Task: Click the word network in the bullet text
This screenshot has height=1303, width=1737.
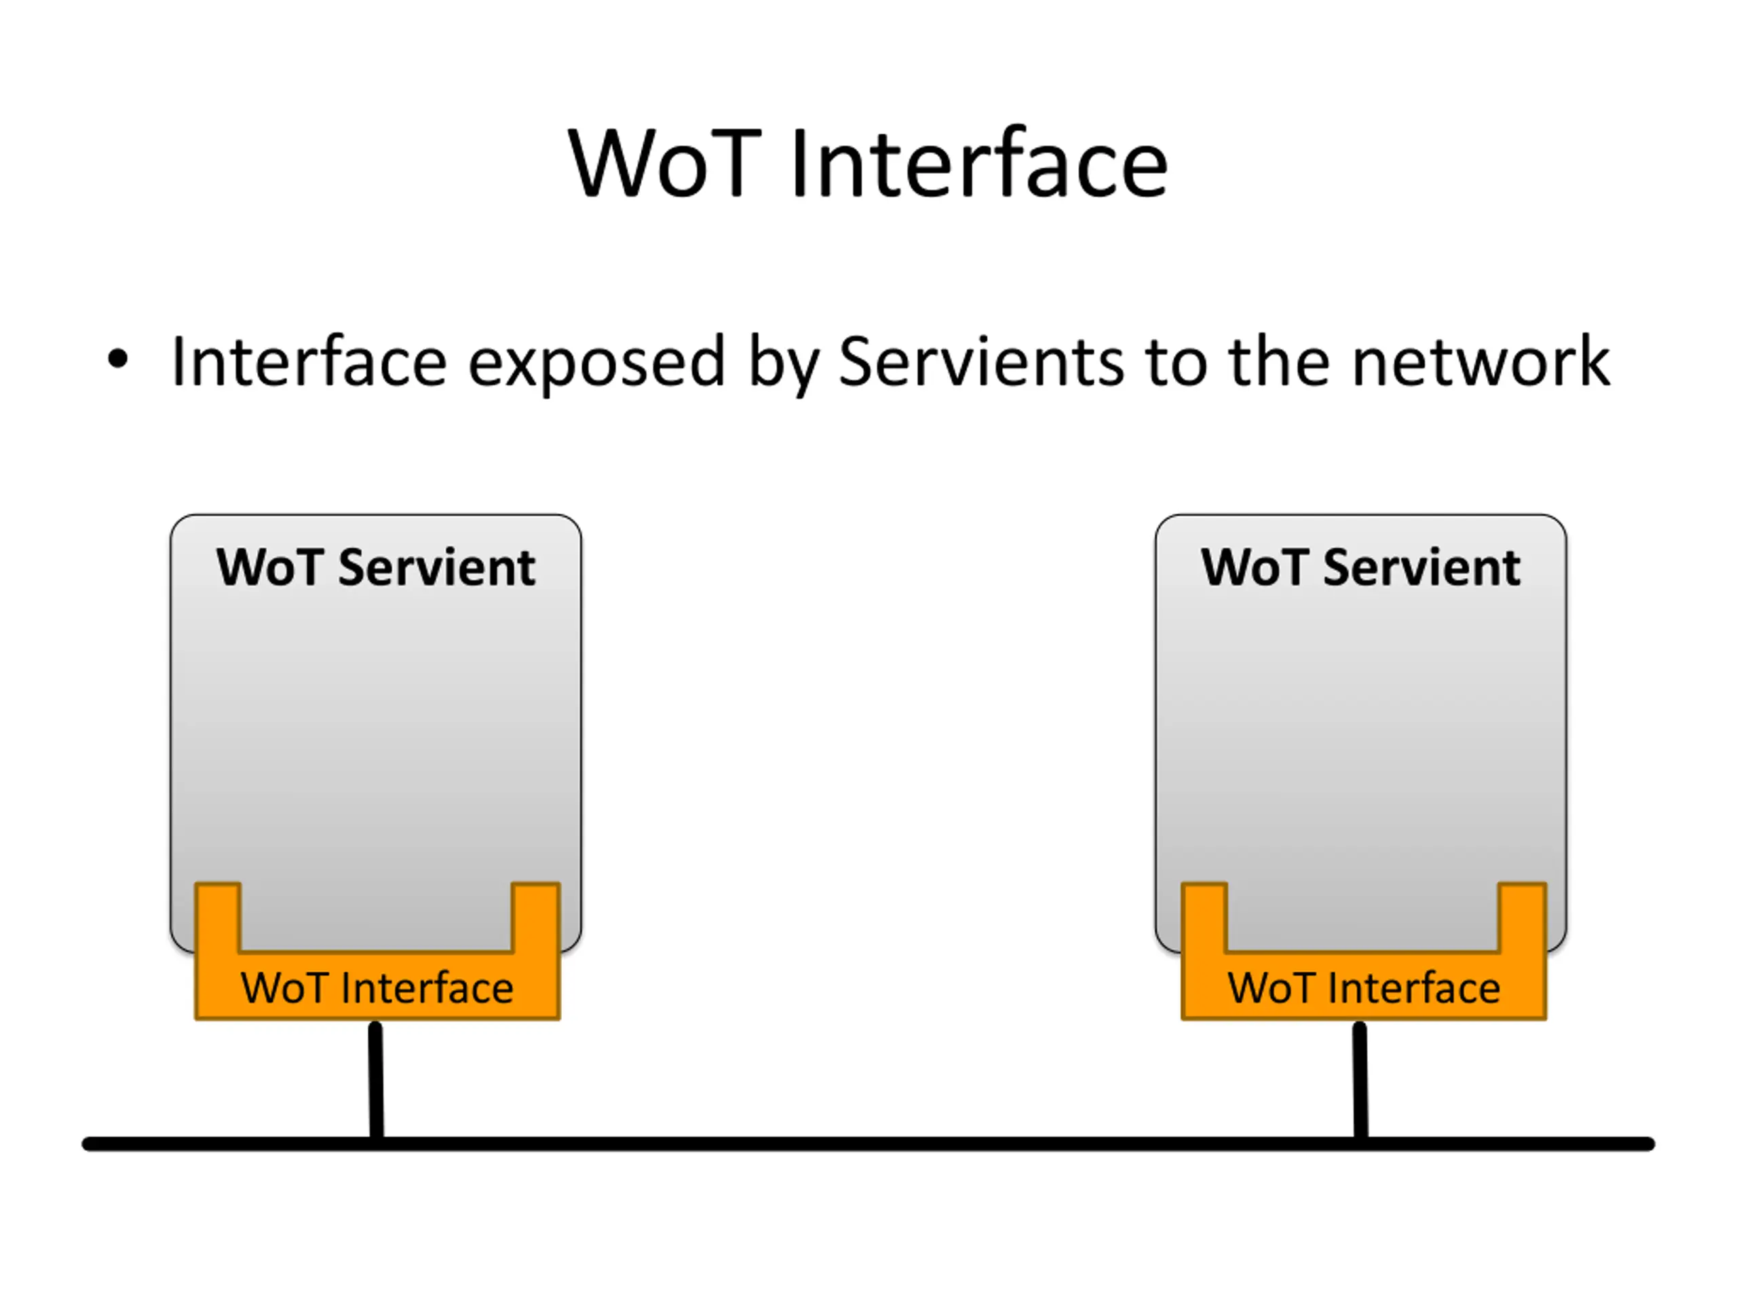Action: [1481, 361]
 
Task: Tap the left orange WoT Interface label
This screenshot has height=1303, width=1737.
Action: [377, 987]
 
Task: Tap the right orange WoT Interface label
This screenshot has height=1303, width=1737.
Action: [1363, 987]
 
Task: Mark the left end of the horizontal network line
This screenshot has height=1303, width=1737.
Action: [86, 1144]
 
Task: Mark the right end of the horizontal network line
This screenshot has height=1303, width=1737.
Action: [1651, 1144]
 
